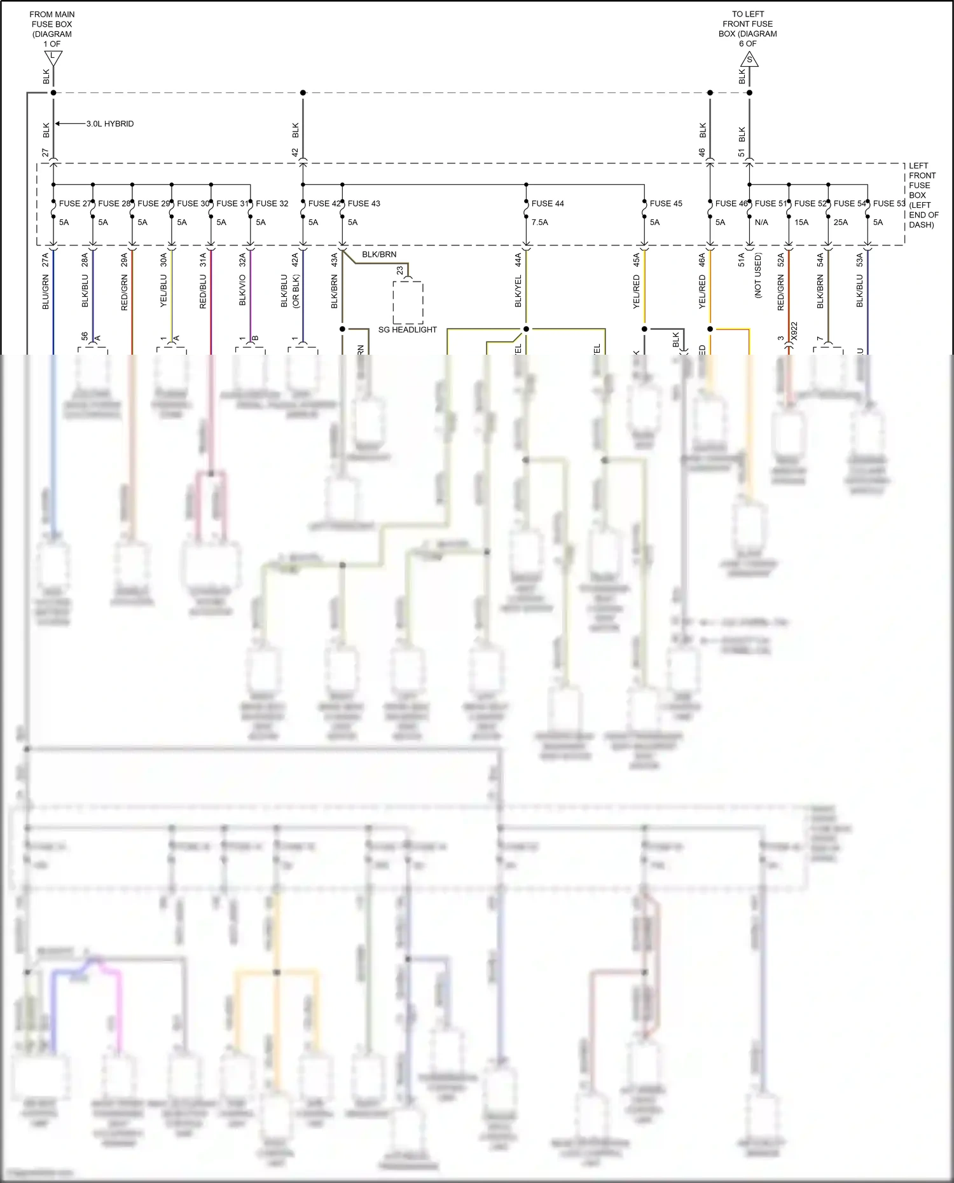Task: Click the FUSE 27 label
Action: (x=75, y=203)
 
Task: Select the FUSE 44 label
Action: (x=548, y=203)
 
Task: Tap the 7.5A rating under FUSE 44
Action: (x=539, y=222)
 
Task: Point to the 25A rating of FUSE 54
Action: (x=840, y=222)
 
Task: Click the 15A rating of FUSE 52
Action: (x=801, y=222)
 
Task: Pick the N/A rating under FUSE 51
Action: (x=761, y=222)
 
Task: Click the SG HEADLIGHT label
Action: (x=408, y=330)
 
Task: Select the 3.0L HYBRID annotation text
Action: (x=110, y=124)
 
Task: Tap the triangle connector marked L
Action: (x=53, y=58)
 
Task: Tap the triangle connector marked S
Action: (x=749, y=60)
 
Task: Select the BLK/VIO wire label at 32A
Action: (x=242, y=290)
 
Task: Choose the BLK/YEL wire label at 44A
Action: (x=518, y=291)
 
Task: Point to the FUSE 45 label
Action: (x=666, y=203)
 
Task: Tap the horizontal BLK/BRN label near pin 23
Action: (x=379, y=254)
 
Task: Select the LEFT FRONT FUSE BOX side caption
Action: (x=922, y=195)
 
